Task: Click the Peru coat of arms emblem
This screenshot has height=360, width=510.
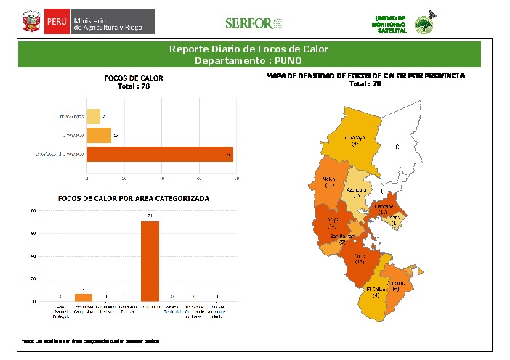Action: coord(31,22)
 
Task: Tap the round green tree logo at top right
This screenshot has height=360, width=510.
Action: coord(422,25)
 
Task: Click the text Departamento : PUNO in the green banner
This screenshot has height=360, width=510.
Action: coord(248,60)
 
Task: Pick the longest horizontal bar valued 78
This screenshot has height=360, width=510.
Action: coord(160,154)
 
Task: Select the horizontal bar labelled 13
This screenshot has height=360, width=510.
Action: coord(99,135)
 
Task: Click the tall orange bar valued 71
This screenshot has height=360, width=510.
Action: coord(150,261)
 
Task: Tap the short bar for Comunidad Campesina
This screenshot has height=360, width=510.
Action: coord(84,298)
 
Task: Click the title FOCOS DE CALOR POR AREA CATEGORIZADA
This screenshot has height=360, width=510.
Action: coord(133,198)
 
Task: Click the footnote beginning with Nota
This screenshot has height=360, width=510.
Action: coord(91,340)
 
